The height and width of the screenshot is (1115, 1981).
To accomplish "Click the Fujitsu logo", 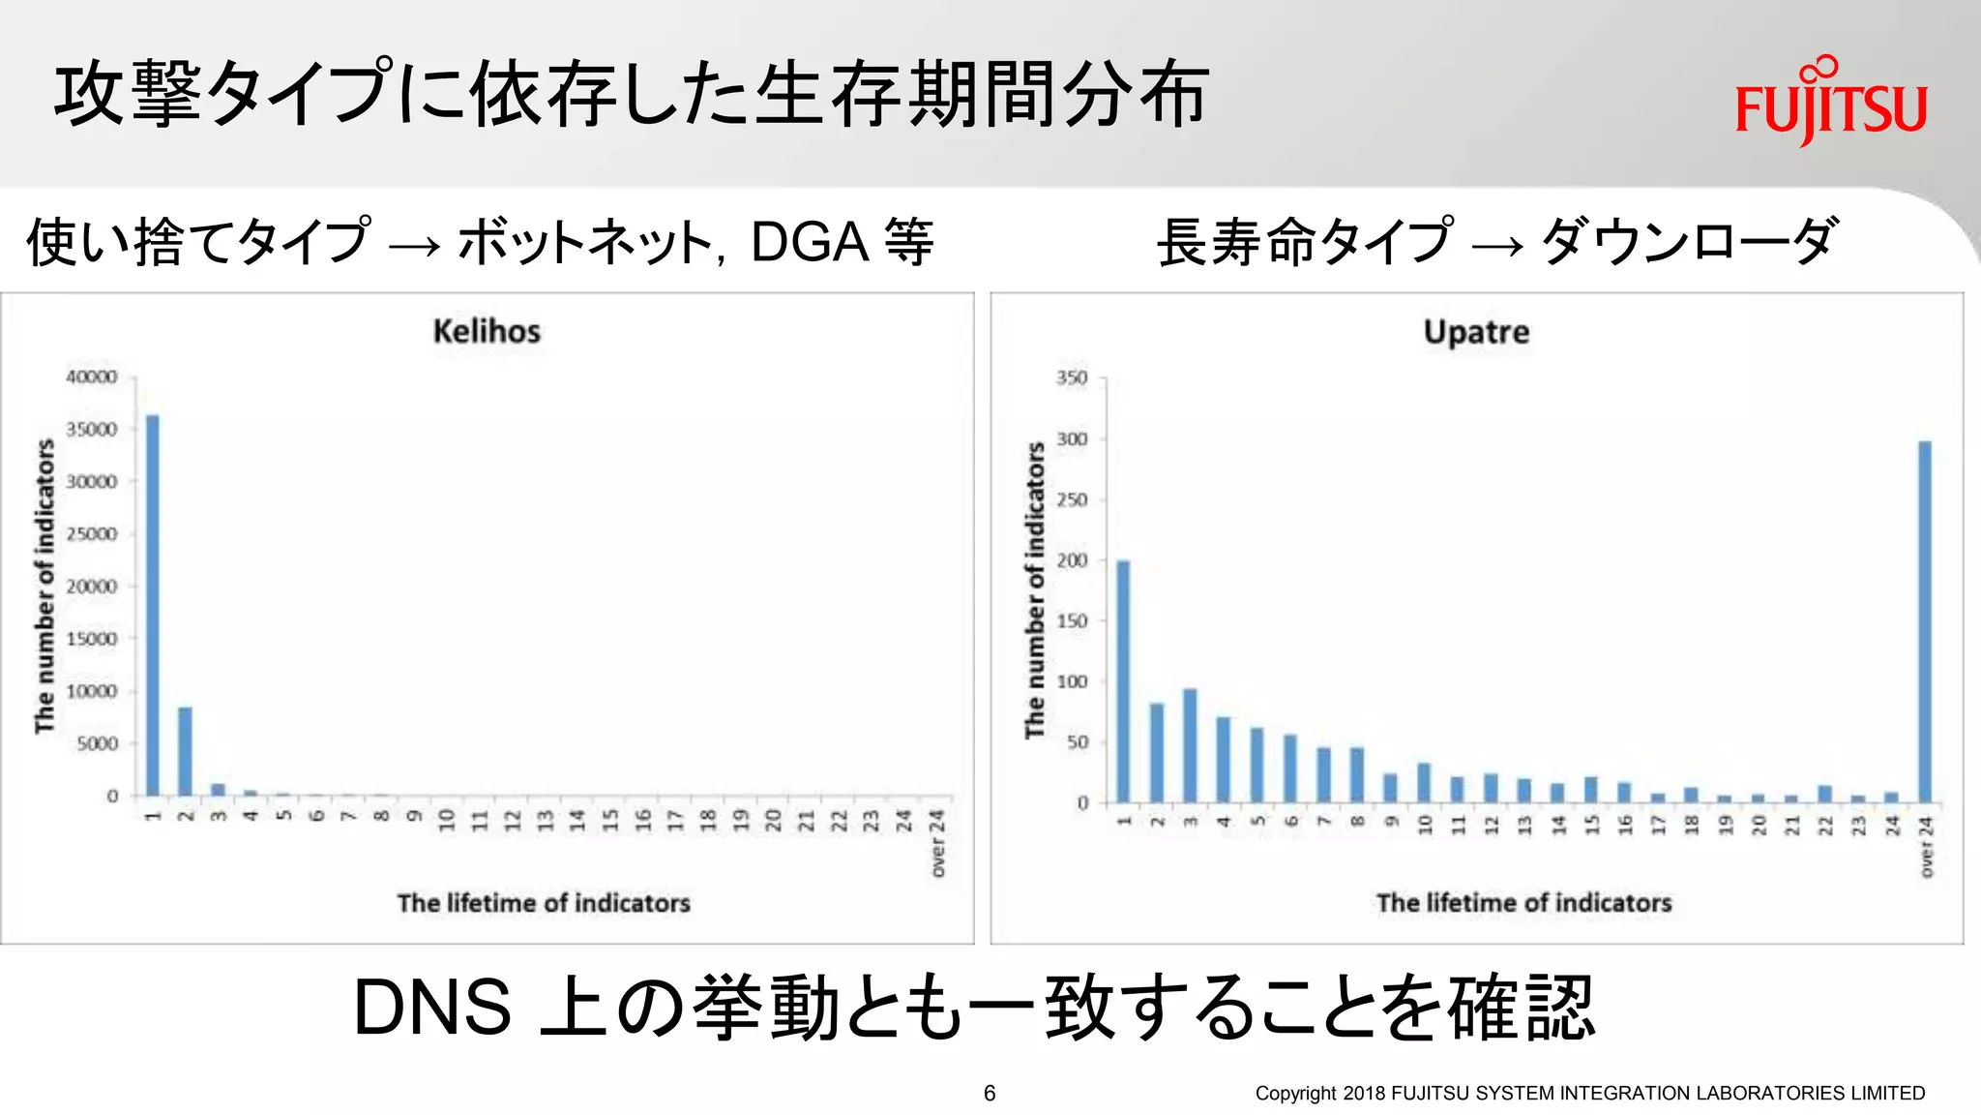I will click(1830, 102).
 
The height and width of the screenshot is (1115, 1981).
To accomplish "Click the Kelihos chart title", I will click(487, 331).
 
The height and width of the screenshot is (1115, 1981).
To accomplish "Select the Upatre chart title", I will click(1476, 332).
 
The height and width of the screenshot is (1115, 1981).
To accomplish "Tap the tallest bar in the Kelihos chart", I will click(153, 605).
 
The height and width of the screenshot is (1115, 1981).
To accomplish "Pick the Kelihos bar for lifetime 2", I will click(185, 751).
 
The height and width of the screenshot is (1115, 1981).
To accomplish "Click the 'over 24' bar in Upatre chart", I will click(1924, 621).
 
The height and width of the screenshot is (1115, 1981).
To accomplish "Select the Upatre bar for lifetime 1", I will click(1123, 681).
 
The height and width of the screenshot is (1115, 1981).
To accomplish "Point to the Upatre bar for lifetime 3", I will click(1190, 745).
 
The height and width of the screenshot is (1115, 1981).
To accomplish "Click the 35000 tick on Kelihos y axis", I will click(92, 429).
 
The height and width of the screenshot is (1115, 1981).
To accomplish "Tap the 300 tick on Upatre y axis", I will click(1072, 438).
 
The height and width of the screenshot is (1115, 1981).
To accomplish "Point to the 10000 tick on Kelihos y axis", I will click(92, 691).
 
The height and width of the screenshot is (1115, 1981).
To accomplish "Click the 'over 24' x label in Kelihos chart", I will click(936, 844).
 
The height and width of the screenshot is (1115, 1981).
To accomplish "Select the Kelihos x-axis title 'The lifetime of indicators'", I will click(544, 903).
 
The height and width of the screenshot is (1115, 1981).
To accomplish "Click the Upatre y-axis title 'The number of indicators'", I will click(1035, 590).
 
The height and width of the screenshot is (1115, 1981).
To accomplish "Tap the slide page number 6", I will click(990, 1093).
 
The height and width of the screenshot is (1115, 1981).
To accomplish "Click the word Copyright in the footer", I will click(1295, 1093).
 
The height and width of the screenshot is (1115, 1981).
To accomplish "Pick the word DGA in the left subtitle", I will click(810, 242).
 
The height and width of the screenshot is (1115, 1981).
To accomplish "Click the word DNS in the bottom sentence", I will click(431, 1008).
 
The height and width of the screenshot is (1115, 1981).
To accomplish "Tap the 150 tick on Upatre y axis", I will click(1072, 620).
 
